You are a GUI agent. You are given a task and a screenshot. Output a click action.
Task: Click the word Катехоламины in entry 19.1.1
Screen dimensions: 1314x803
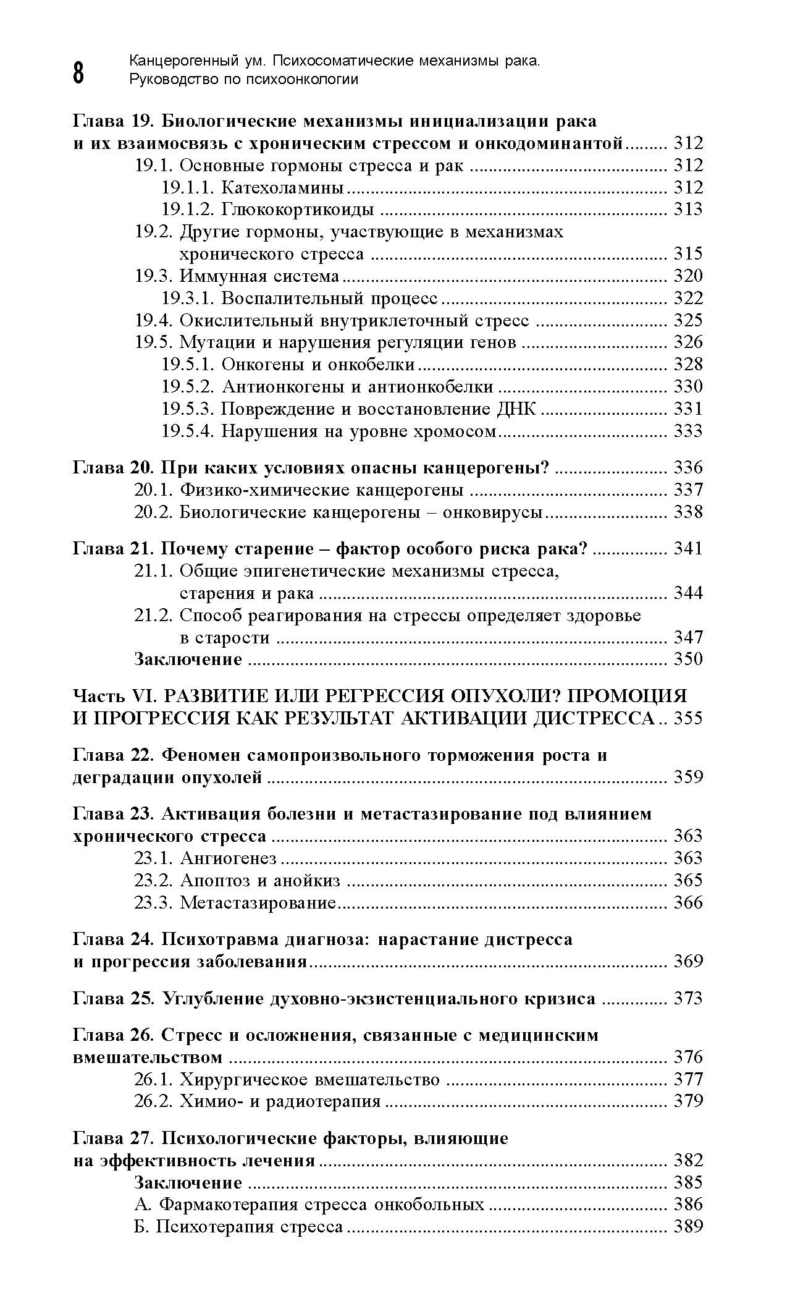click(x=282, y=187)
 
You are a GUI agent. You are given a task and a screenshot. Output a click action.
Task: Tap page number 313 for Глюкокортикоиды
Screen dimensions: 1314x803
click(x=688, y=210)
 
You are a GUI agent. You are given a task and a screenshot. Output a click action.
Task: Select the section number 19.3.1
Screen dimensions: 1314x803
click(x=187, y=298)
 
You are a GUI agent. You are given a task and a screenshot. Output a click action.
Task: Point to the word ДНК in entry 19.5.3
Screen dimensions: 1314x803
click(x=516, y=409)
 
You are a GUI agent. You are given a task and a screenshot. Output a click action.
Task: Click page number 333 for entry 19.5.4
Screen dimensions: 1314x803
click(x=688, y=431)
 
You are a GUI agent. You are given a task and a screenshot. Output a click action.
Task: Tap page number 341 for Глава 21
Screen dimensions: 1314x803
click(x=688, y=549)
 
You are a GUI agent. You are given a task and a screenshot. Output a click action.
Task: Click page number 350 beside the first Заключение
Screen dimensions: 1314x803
click(x=688, y=659)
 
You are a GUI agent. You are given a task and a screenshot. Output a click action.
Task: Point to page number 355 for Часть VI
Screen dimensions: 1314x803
click(x=688, y=718)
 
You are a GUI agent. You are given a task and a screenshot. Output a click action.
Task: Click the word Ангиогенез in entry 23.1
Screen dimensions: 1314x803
click(x=229, y=858)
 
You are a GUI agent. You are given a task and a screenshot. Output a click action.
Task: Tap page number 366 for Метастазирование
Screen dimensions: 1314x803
click(x=688, y=902)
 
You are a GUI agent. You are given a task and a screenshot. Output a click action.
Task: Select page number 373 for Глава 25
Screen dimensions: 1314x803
click(x=688, y=998)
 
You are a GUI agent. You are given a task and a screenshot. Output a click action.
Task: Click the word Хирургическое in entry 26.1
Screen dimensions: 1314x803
click(x=244, y=1080)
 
